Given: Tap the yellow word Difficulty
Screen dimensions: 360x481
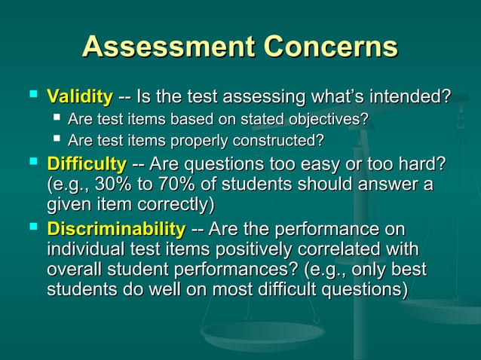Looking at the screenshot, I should point(86,164).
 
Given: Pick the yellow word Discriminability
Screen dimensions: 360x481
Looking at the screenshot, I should point(115,230).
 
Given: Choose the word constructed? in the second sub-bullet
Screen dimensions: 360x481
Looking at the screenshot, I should point(282,141).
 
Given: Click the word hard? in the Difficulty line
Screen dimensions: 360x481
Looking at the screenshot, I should point(418,164).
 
